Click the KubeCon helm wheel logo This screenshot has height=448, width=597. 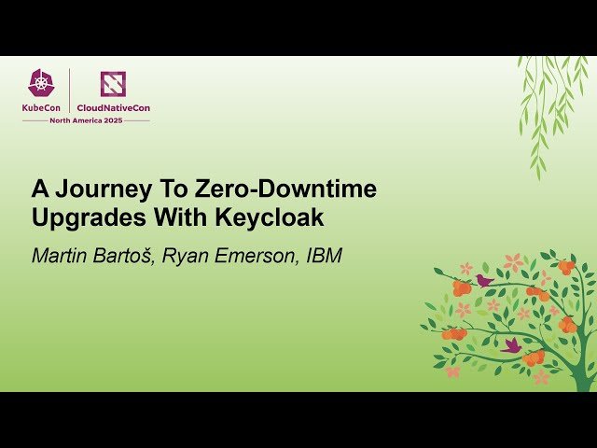pos(42,84)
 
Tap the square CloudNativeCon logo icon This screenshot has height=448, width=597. pos(113,84)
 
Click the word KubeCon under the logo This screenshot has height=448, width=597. pos(42,107)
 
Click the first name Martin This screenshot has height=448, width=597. pos(62,256)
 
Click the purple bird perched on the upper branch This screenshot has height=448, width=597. pos(484,279)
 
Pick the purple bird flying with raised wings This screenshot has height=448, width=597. pos(511,344)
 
